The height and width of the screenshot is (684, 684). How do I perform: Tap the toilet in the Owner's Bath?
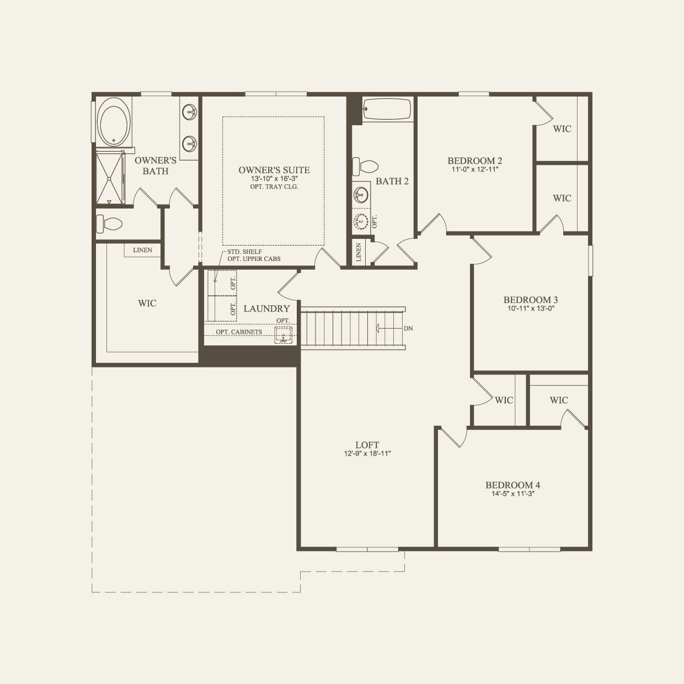(x=110, y=224)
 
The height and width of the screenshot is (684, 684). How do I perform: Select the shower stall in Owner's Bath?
(x=110, y=178)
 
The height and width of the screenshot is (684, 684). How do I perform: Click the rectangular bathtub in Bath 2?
(x=387, y=109)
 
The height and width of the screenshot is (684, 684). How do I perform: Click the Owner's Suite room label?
(x=274, y=170)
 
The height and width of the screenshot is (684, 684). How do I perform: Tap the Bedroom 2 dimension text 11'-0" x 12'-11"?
(x=474, y=170)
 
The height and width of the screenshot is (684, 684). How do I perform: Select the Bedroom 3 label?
(x=530, y=300)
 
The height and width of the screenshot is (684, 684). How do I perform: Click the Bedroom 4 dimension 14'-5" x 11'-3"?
(x=512, y=494)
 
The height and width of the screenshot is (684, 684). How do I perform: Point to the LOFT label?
(x=367, y=445)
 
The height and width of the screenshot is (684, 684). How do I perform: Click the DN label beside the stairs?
(x=408, y=328)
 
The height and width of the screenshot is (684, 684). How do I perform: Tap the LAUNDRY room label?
(x=266, y=309)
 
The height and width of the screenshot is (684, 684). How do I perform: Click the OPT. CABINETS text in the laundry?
(x=239, y=332)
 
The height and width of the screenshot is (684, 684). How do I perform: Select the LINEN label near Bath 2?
(x=359, y=253)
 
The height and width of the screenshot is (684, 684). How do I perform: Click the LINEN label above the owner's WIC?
(x=142, y=250)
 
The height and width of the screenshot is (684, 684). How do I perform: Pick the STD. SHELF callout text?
(x=244, y=252)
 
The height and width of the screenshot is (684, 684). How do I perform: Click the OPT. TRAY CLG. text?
(x=274, y=186)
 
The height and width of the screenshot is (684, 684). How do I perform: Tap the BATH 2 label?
(x=392, y=181)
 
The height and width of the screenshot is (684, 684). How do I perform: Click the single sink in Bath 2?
(x=361, y=194)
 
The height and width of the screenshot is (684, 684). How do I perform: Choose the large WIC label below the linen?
(x=147, y=303)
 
